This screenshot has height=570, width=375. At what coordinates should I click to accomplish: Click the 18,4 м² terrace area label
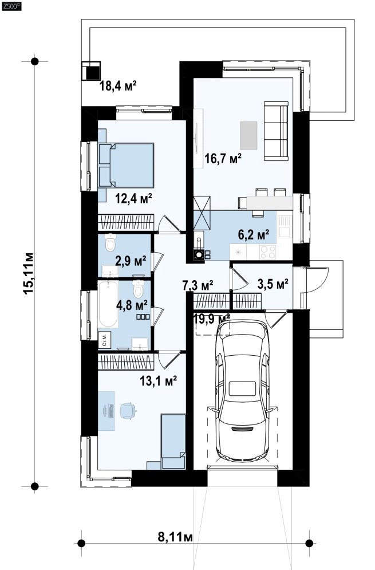118,87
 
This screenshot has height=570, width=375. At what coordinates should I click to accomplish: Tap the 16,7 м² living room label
223,159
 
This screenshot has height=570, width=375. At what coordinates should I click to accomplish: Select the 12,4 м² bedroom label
133,198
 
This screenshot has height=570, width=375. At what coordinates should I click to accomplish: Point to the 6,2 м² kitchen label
254,234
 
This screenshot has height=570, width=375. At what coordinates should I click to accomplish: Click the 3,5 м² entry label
273,284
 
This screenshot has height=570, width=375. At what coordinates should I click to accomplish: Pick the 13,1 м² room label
159,381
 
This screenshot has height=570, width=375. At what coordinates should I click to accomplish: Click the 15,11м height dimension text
29,273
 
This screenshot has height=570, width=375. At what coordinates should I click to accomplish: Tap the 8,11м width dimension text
176,537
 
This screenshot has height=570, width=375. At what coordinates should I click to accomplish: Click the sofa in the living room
276,131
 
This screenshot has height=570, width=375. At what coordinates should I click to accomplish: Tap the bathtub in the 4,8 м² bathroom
108,304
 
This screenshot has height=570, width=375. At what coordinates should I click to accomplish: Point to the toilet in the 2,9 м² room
110,243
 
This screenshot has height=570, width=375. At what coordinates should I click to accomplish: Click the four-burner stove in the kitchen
267,252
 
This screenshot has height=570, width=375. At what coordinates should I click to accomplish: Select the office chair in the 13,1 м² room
127,411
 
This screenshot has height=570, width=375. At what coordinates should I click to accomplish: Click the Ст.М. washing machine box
104,340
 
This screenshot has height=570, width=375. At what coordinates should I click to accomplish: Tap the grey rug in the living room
248,135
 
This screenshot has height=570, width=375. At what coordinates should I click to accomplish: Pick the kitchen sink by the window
284,226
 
